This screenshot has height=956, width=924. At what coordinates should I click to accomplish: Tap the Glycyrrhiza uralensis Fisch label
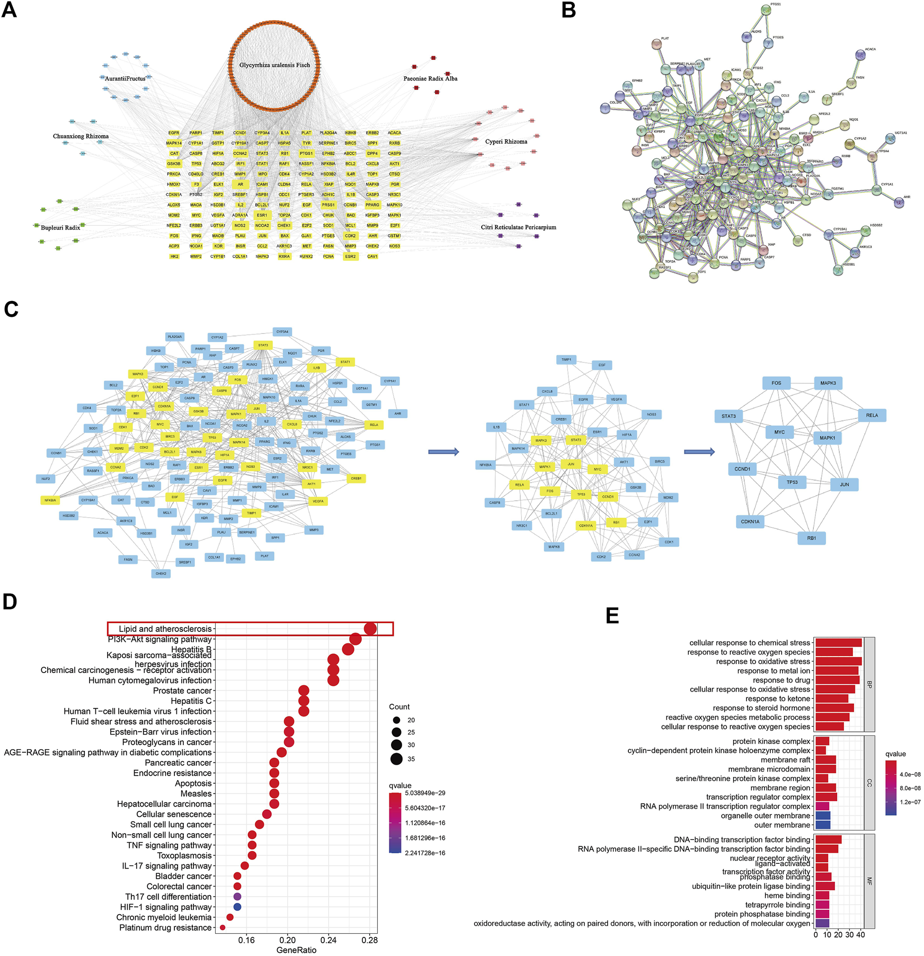pyautogui.click(x=274, y=65)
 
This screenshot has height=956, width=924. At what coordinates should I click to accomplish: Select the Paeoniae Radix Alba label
pyautogui.click(x=430, y=78)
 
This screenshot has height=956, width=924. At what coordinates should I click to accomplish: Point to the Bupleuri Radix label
pyautogui.click(x=60, y=227)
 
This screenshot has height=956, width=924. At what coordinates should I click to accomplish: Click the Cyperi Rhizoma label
pyautogui.click(x=506, y=141)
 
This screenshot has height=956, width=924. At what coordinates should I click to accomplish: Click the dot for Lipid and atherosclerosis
pyautogui.click(x=370, y=629)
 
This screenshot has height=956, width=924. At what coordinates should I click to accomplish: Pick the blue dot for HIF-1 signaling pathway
pyautogui.click(x=237, y=907)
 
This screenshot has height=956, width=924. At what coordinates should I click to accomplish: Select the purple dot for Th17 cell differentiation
pyautogui.click(x=237, y=897)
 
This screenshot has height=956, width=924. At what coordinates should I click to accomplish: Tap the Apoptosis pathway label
pyautogui.click(x=193, y=783)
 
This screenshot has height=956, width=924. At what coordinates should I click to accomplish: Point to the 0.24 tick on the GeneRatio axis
pyautogui.click(x=328, y=940)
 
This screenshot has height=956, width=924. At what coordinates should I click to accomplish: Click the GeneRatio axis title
pyautogui.click(x=296, y=950)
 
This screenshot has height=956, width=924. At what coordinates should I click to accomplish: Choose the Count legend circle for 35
pyautogui.click(x=396, y=759)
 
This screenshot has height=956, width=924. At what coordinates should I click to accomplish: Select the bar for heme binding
pyautogui.click(x=822, y=896)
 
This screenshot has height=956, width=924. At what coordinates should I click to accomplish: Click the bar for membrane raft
pyautogui.click(x=825, y=760)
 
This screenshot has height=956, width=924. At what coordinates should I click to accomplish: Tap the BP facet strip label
pyautogui.click(x=869, y=685)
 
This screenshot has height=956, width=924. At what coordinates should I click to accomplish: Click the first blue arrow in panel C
pyautogui.click(x=443, y=452)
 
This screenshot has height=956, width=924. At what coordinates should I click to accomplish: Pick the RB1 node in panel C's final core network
pyautogui.click(x=812, y=538)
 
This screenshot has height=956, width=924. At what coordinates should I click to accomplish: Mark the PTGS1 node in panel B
pyautogui.click(x=766, y=10)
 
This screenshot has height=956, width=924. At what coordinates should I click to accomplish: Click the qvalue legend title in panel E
pyautogui.click(x=895, y=754)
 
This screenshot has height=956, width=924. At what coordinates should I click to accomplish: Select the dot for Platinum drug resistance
pyautogui.click(x=223, y=928)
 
